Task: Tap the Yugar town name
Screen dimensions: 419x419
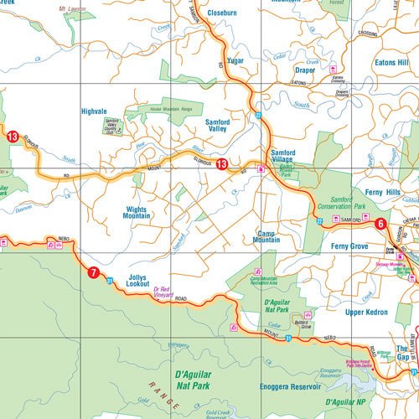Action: coord(235,61)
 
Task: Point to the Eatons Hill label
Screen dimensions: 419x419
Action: coord(391,63)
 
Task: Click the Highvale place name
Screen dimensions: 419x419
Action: coord(93,111)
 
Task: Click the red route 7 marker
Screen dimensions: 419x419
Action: coord(93,272)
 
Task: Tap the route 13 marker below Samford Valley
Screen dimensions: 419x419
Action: coord(221,164)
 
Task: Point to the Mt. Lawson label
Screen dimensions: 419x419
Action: coord(74,9)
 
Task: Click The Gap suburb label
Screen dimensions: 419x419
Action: coord(402,353)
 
